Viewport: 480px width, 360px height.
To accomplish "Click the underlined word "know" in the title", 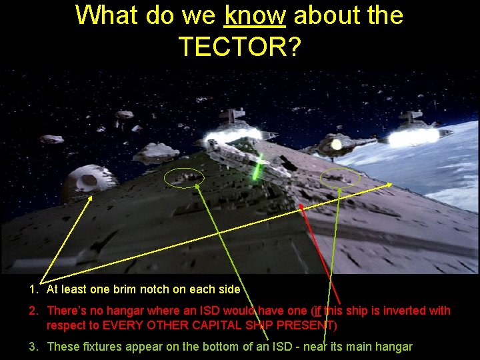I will (255, 15).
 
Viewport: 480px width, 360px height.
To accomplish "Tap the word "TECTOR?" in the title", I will (239, 46).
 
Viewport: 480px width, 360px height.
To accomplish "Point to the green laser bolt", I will (257, 167).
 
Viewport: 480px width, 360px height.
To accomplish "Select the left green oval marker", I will (184, 177).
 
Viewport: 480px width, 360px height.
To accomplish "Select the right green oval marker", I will (340, 178).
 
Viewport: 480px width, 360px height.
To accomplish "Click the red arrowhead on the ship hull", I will (301, 207).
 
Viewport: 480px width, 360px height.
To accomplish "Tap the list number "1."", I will (33, 289).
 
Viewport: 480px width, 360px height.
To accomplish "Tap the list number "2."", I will (33, 311).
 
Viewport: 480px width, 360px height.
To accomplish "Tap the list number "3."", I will (33, 347).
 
